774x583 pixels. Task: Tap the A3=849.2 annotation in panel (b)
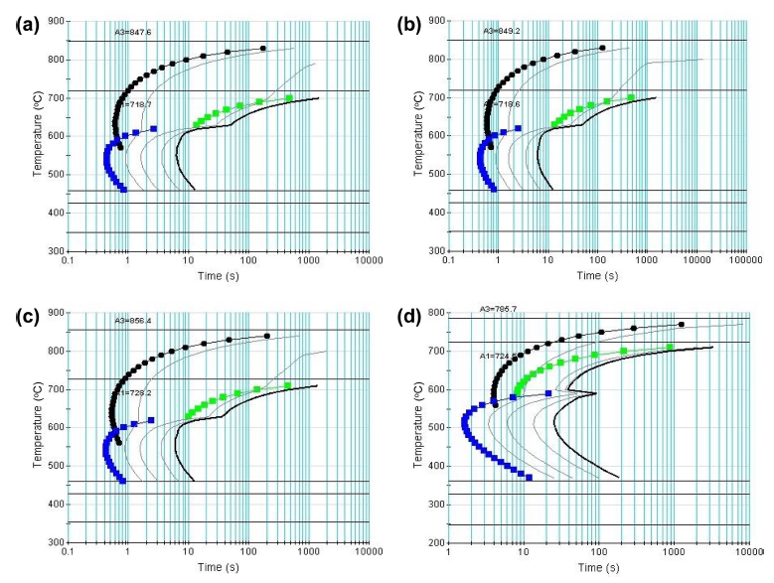pos(502,31)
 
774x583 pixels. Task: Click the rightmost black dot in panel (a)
pos(263,48)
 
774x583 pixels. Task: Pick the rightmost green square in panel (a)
pos(289,97)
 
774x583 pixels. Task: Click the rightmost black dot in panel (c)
pos(267,336)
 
